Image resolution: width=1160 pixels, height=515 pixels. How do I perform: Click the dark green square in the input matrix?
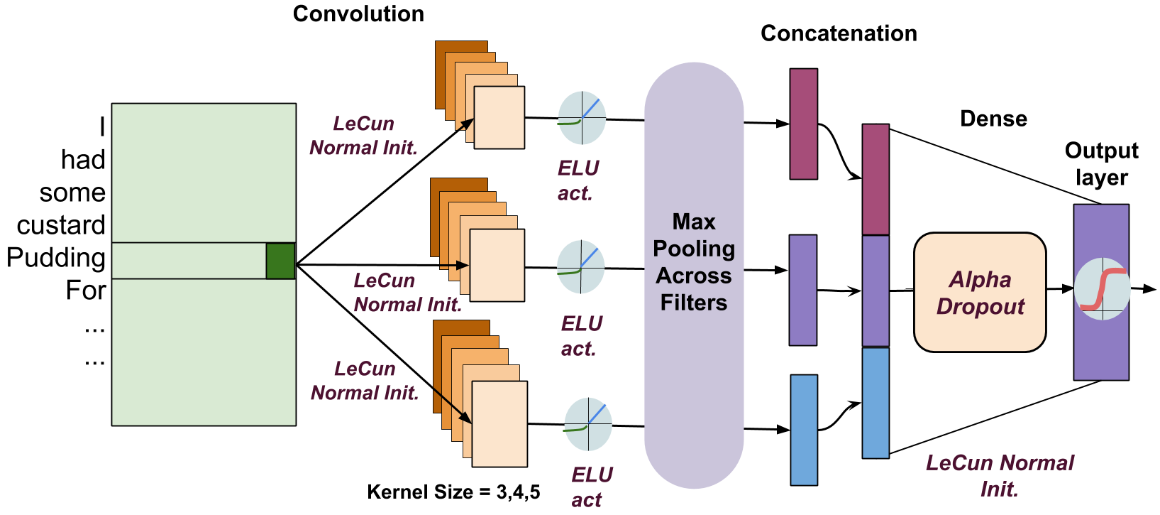pos(280,261)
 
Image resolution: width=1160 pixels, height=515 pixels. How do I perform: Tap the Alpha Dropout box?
pos(980,292)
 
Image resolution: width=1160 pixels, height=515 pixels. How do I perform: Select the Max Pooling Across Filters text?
pos(693,262)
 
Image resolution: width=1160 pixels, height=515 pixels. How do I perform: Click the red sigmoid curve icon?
pos(1102,288)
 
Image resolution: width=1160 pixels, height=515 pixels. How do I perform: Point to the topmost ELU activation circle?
pos(582,118)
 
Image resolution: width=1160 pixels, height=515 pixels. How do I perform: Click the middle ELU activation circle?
pos(580,267)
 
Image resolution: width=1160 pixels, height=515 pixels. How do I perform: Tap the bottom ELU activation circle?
pos(587,424)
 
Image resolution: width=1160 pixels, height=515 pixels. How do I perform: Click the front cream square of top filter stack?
pos(499,118)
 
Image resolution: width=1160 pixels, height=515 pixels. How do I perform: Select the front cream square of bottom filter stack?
pos(499,424)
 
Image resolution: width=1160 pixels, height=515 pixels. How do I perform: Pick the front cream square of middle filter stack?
pos(497,266)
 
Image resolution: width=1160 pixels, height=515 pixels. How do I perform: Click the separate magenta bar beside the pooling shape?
pos(803,124)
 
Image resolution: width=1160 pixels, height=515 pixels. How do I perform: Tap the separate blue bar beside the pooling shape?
pos(803,430)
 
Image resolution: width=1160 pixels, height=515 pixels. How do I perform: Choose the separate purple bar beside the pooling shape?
pos(802,290)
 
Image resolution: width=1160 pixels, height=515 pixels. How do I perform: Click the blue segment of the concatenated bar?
pos(875,403)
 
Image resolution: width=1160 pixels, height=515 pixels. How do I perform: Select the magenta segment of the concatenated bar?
pos(875,179)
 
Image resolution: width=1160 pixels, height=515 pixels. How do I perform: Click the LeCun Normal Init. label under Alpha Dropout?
pos(999,475)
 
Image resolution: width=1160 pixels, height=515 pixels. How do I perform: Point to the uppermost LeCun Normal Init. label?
pos(363,136)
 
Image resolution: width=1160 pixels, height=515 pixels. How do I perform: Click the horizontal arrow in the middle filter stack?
pos(454,265)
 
